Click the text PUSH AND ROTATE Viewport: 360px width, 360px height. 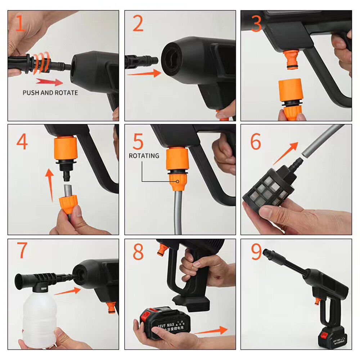[50, 93]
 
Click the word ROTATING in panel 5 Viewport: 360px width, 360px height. [144, 156]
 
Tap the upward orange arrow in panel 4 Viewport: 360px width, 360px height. [50, 184]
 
